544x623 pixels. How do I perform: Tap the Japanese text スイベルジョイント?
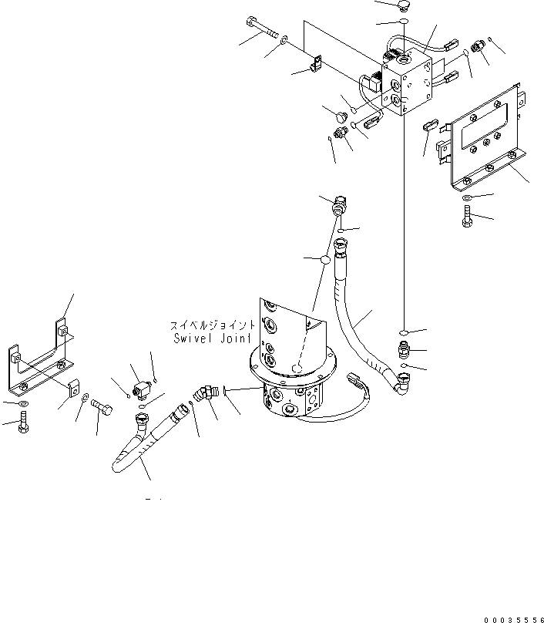coord(214,325)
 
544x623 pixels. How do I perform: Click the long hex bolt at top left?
coord(264,29)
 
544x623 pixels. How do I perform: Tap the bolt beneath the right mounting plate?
coord(466,218)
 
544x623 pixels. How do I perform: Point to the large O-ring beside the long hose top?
coord(325,261)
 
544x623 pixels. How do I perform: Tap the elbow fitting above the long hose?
coord(338,208)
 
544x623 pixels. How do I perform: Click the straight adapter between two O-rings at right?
coord(405,349)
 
